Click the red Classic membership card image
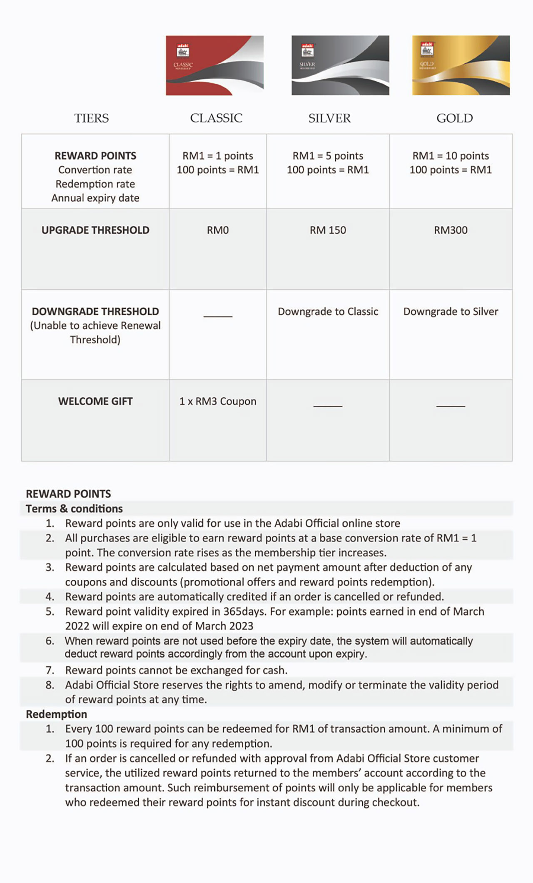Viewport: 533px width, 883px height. (214, 65)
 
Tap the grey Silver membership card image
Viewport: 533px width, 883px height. (340, 65)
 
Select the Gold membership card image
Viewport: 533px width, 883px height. (461, 65)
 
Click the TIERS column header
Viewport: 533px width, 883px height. (92, 118)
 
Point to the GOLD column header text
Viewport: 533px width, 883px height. (454, 118)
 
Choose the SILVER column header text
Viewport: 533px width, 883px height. (329, 118)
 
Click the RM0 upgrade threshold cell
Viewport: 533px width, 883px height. (218, 230)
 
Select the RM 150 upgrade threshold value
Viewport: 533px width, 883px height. (328, 230)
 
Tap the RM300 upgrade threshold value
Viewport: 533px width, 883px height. (451, 230)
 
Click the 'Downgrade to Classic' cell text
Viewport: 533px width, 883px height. (328, 312)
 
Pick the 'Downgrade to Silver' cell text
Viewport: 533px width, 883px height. (451, 312)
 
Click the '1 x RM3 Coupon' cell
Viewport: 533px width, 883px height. (218, 402)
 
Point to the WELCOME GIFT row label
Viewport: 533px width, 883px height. (95, 402)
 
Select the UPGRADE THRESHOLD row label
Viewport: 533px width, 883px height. (95, 230)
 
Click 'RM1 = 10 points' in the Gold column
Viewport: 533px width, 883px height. (451, 156)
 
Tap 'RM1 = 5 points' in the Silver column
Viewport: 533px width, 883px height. (328, 156)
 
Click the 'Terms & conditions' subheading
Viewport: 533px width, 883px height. (74, 509)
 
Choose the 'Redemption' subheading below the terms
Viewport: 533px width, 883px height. (56, 714)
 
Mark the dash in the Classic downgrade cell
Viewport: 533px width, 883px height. (218, 317)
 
